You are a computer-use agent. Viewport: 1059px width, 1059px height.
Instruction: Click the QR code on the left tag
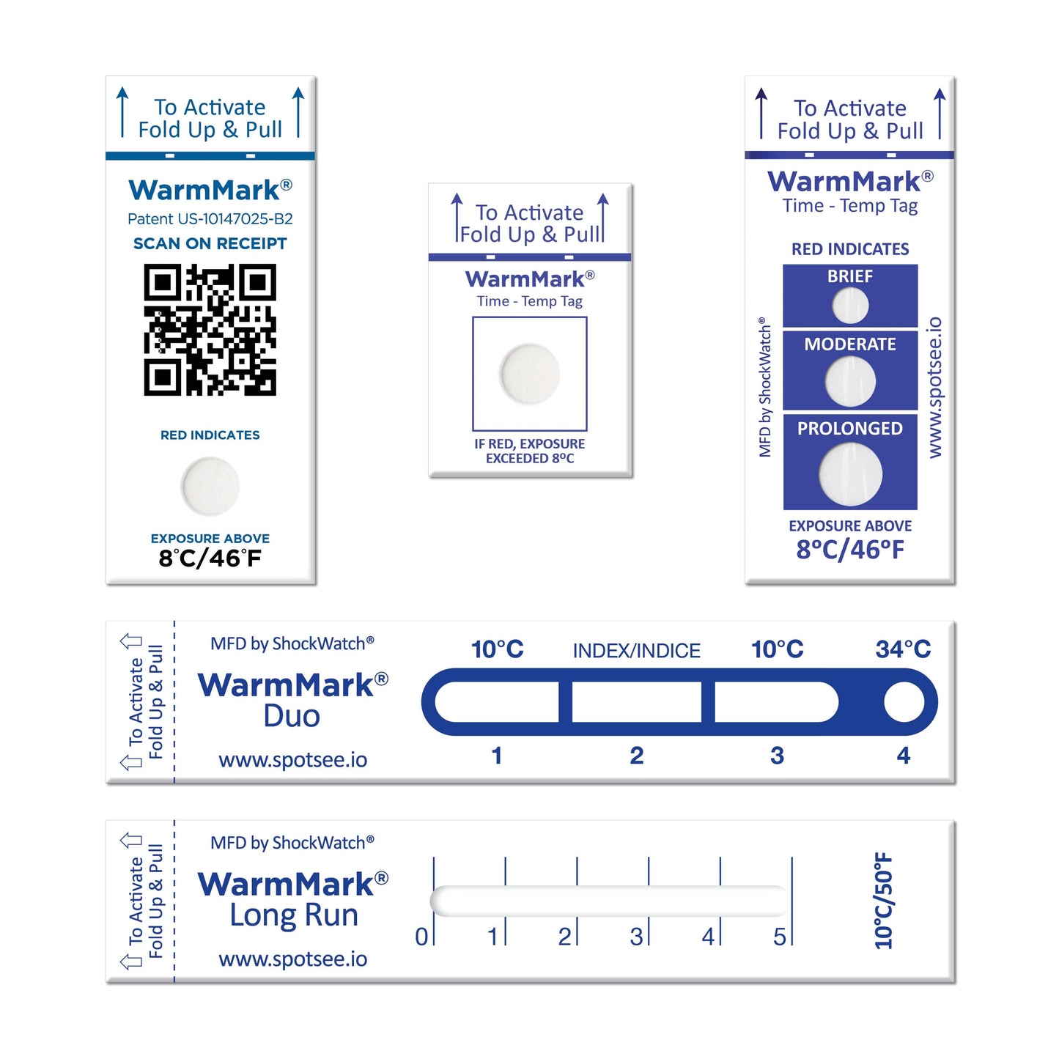(210, 330)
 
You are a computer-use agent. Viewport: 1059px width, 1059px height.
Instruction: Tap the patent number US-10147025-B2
(210, 218)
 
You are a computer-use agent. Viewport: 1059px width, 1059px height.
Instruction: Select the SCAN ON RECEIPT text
(210, 243)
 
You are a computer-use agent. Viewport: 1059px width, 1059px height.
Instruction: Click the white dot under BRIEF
(850, 306)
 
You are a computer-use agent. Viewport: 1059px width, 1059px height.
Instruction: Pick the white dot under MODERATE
(850, 382)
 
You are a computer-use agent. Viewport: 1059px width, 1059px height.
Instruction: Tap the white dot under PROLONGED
(850, 474)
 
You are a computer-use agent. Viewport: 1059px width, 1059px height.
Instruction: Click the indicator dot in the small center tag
(530, 373)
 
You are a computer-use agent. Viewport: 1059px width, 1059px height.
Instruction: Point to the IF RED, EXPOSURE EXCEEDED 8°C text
(530, 451)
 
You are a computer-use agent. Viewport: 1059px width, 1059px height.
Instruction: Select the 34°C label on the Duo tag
(903, 649)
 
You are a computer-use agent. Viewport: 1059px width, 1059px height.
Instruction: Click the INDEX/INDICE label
(636, 651)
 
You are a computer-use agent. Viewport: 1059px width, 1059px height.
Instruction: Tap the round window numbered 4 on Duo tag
(904, 703)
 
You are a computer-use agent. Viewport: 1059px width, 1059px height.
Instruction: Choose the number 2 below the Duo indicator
(636, 755)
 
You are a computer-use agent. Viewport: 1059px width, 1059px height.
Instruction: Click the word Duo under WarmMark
(292, 716)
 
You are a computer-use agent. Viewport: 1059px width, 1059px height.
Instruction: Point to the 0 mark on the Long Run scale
(421, 936)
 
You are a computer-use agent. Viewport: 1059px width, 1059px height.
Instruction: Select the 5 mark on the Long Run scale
(779, 936)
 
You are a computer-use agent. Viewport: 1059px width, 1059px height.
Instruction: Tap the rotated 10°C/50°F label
(884, 900)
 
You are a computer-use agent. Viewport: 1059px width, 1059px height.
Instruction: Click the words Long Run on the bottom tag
(294, 915)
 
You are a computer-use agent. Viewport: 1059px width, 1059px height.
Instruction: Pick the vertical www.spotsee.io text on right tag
(935, 388)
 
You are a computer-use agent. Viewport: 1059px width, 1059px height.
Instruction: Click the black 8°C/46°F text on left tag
(210, 558)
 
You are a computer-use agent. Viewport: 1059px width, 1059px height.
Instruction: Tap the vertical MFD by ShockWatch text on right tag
(765, 388)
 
